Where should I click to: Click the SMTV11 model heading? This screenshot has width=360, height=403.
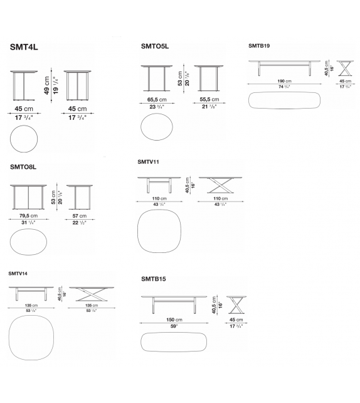click(149, 162)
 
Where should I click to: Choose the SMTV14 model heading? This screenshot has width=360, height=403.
click(18, 274)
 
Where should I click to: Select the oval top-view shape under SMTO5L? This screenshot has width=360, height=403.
click(157, 127)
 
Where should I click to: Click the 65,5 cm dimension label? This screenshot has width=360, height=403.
click(156, 99)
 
